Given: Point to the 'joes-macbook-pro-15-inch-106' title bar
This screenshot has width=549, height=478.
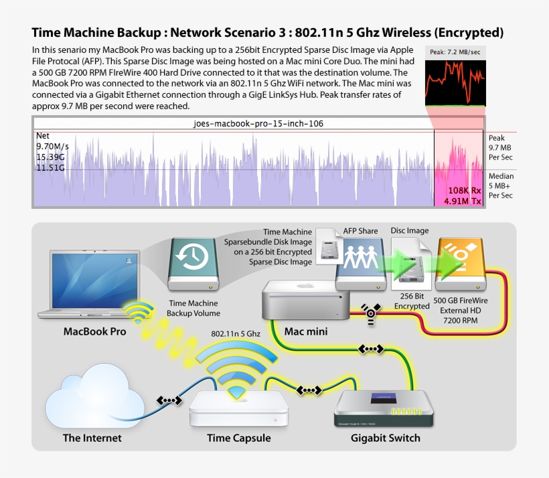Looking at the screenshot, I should pyautogui.click(x=258, y=124).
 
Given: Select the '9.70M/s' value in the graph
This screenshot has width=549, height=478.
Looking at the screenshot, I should pyautogui.click(x=53, y=145).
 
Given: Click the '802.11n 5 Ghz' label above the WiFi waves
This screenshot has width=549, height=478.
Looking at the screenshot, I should pyautogui.click(x=236, y=333).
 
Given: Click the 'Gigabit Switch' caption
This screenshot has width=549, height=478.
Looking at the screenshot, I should pyautogui.click(x=386, y=438).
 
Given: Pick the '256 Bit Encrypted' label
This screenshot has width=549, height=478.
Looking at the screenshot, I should pyautogui.click(x=411, y=301).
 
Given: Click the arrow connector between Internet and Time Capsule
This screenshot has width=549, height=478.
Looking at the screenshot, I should pyautogui.click(x=169, y=400).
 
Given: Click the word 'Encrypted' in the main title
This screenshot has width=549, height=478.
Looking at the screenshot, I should pyautogui.click(x=467, y=32).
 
